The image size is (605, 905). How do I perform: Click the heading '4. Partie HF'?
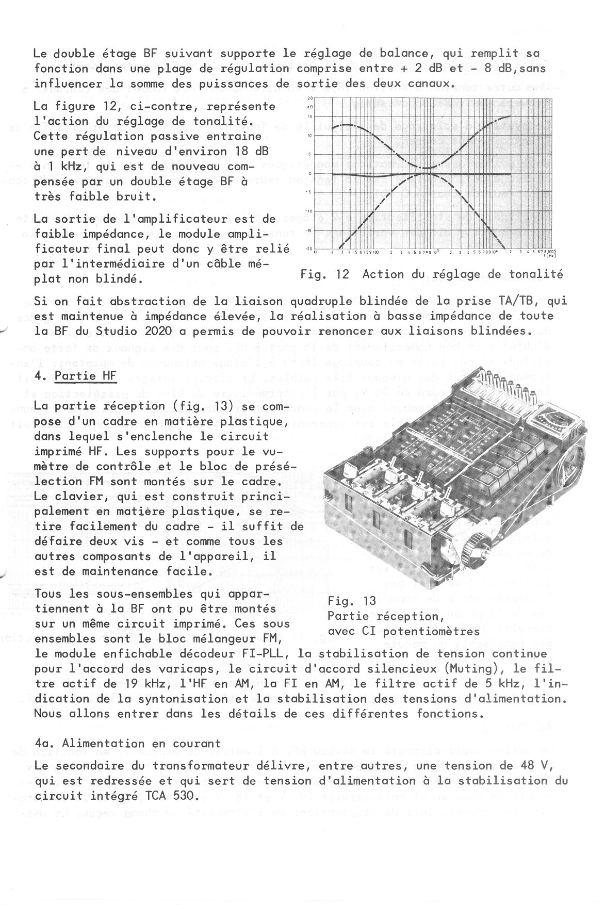76,375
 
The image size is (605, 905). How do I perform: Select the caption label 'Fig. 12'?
324,274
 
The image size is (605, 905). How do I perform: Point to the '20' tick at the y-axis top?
310,98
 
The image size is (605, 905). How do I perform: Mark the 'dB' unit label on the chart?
310,107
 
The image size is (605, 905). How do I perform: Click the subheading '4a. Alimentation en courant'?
127,743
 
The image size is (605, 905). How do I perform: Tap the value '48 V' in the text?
535,765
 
